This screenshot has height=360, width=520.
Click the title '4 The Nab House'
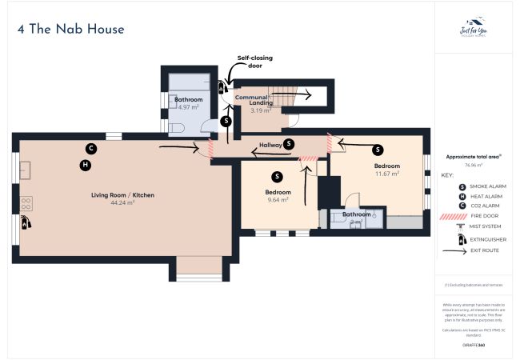click(70, 30)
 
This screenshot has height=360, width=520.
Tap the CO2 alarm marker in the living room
click(91, 148)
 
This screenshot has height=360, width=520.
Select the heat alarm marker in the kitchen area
click(85, 165)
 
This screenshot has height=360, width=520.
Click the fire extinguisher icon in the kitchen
click(26, 222)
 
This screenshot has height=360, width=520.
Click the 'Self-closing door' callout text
click(254, 62)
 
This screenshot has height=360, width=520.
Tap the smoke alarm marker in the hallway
click(289, 143)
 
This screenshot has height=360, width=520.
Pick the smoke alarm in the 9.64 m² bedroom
click(277, 176)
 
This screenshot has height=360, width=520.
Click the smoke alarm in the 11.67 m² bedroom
click(378, 149)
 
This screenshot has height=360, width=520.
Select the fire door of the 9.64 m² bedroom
click(309, 160)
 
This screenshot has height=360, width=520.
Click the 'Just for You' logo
click(474, 29)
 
